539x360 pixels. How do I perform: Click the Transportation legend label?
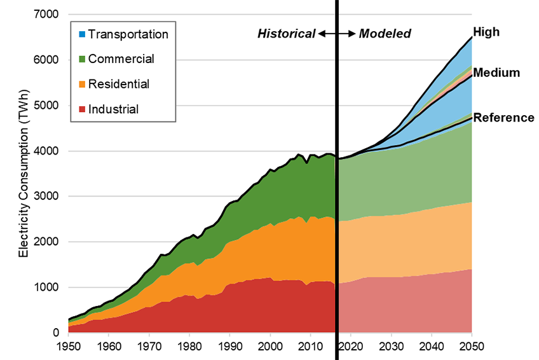[128, 34]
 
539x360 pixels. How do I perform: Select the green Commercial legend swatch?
[81, 59]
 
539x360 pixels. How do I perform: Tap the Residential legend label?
[119, 84]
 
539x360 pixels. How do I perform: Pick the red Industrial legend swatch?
[81, 109]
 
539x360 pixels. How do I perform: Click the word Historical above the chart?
[286, 34]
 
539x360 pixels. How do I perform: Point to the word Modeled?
[385, 34]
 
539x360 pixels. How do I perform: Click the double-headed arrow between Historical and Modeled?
[336, 34]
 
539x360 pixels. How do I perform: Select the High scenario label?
[486, 32]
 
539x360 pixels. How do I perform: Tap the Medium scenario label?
[496, 73]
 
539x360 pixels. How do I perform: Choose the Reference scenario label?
[504, 118]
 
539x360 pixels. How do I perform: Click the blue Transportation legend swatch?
[81, 34]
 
